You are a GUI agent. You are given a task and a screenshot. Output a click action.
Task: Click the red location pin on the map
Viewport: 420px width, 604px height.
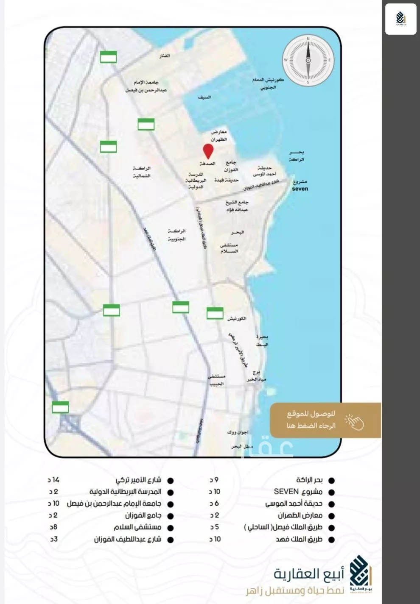208,151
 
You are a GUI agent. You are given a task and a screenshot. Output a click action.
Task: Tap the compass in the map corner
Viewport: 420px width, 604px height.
308,60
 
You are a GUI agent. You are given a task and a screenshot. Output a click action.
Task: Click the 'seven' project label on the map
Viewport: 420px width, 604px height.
300,189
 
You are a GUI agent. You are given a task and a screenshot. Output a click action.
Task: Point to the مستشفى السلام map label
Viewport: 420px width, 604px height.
229,248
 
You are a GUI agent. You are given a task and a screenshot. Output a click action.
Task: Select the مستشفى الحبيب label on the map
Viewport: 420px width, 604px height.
216,380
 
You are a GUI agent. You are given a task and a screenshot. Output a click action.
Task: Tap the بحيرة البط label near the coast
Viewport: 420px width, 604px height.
262,341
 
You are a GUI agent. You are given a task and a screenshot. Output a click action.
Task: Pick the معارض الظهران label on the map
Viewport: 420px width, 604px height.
219,136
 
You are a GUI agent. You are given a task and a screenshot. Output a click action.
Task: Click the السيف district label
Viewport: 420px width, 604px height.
204,97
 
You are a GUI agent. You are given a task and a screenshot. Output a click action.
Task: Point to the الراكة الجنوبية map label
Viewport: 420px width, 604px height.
176,235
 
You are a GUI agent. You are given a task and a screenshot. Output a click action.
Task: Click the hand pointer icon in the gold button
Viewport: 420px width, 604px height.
355,421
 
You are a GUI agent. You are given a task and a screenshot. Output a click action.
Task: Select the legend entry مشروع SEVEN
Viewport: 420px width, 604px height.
298,492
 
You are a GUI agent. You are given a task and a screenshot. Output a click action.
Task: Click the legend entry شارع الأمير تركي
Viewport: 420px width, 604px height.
138,480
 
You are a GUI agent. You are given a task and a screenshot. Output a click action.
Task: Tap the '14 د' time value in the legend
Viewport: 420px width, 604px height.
53,480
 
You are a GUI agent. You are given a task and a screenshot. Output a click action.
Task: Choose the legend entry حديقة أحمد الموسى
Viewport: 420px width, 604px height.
294,504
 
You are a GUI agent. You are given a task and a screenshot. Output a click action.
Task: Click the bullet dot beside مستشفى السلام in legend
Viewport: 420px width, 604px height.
171,528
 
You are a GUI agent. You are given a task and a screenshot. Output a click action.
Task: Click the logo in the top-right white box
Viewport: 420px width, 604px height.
400,19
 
